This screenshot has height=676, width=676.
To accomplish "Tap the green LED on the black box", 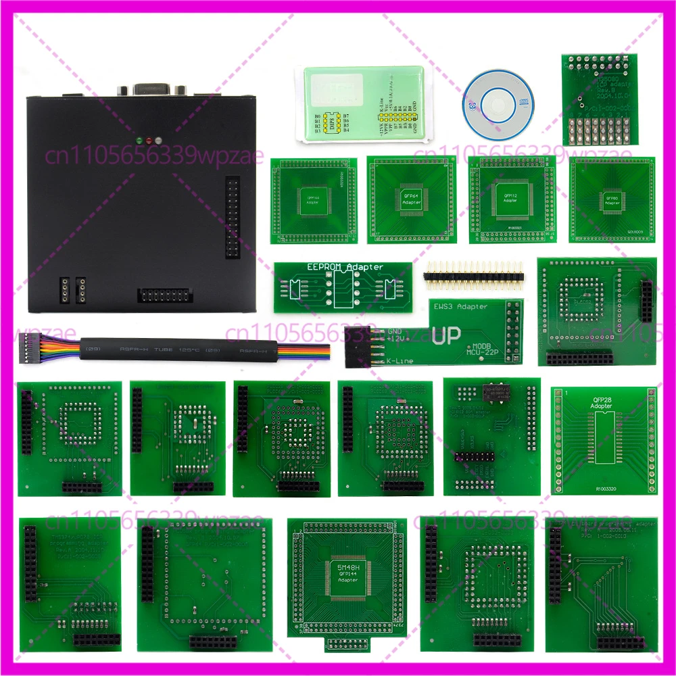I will coord(139,141).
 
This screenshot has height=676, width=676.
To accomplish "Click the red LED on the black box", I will coord(149,141).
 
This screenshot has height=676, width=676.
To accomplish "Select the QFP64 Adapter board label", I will coord(410,199).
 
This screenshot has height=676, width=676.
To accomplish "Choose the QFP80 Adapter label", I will coord(611,200).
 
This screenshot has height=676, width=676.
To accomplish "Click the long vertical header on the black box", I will coord(233,218).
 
